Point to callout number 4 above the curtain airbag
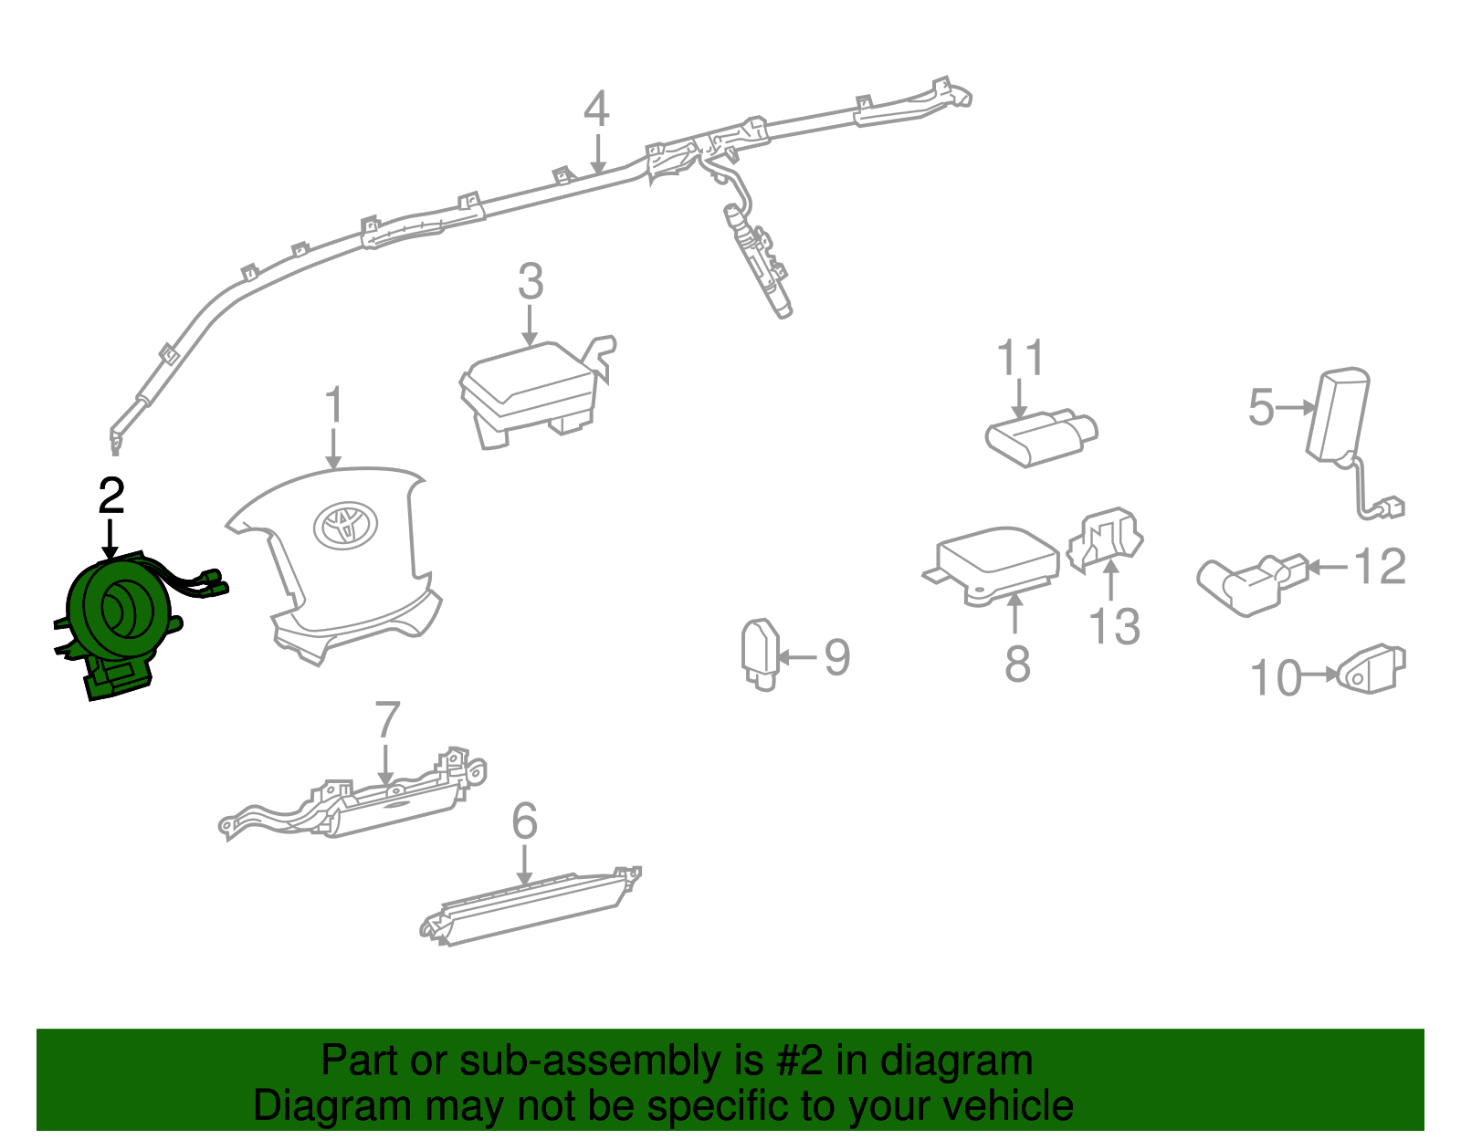[596, 109]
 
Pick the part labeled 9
[761, 654]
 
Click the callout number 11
[1020, 358]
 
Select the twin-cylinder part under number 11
[1041, 437]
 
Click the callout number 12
[1379, 566]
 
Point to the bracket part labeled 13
[1105, 542]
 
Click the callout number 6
[524, 821]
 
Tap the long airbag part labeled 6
[531, 906]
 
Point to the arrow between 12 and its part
[1327, 568]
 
